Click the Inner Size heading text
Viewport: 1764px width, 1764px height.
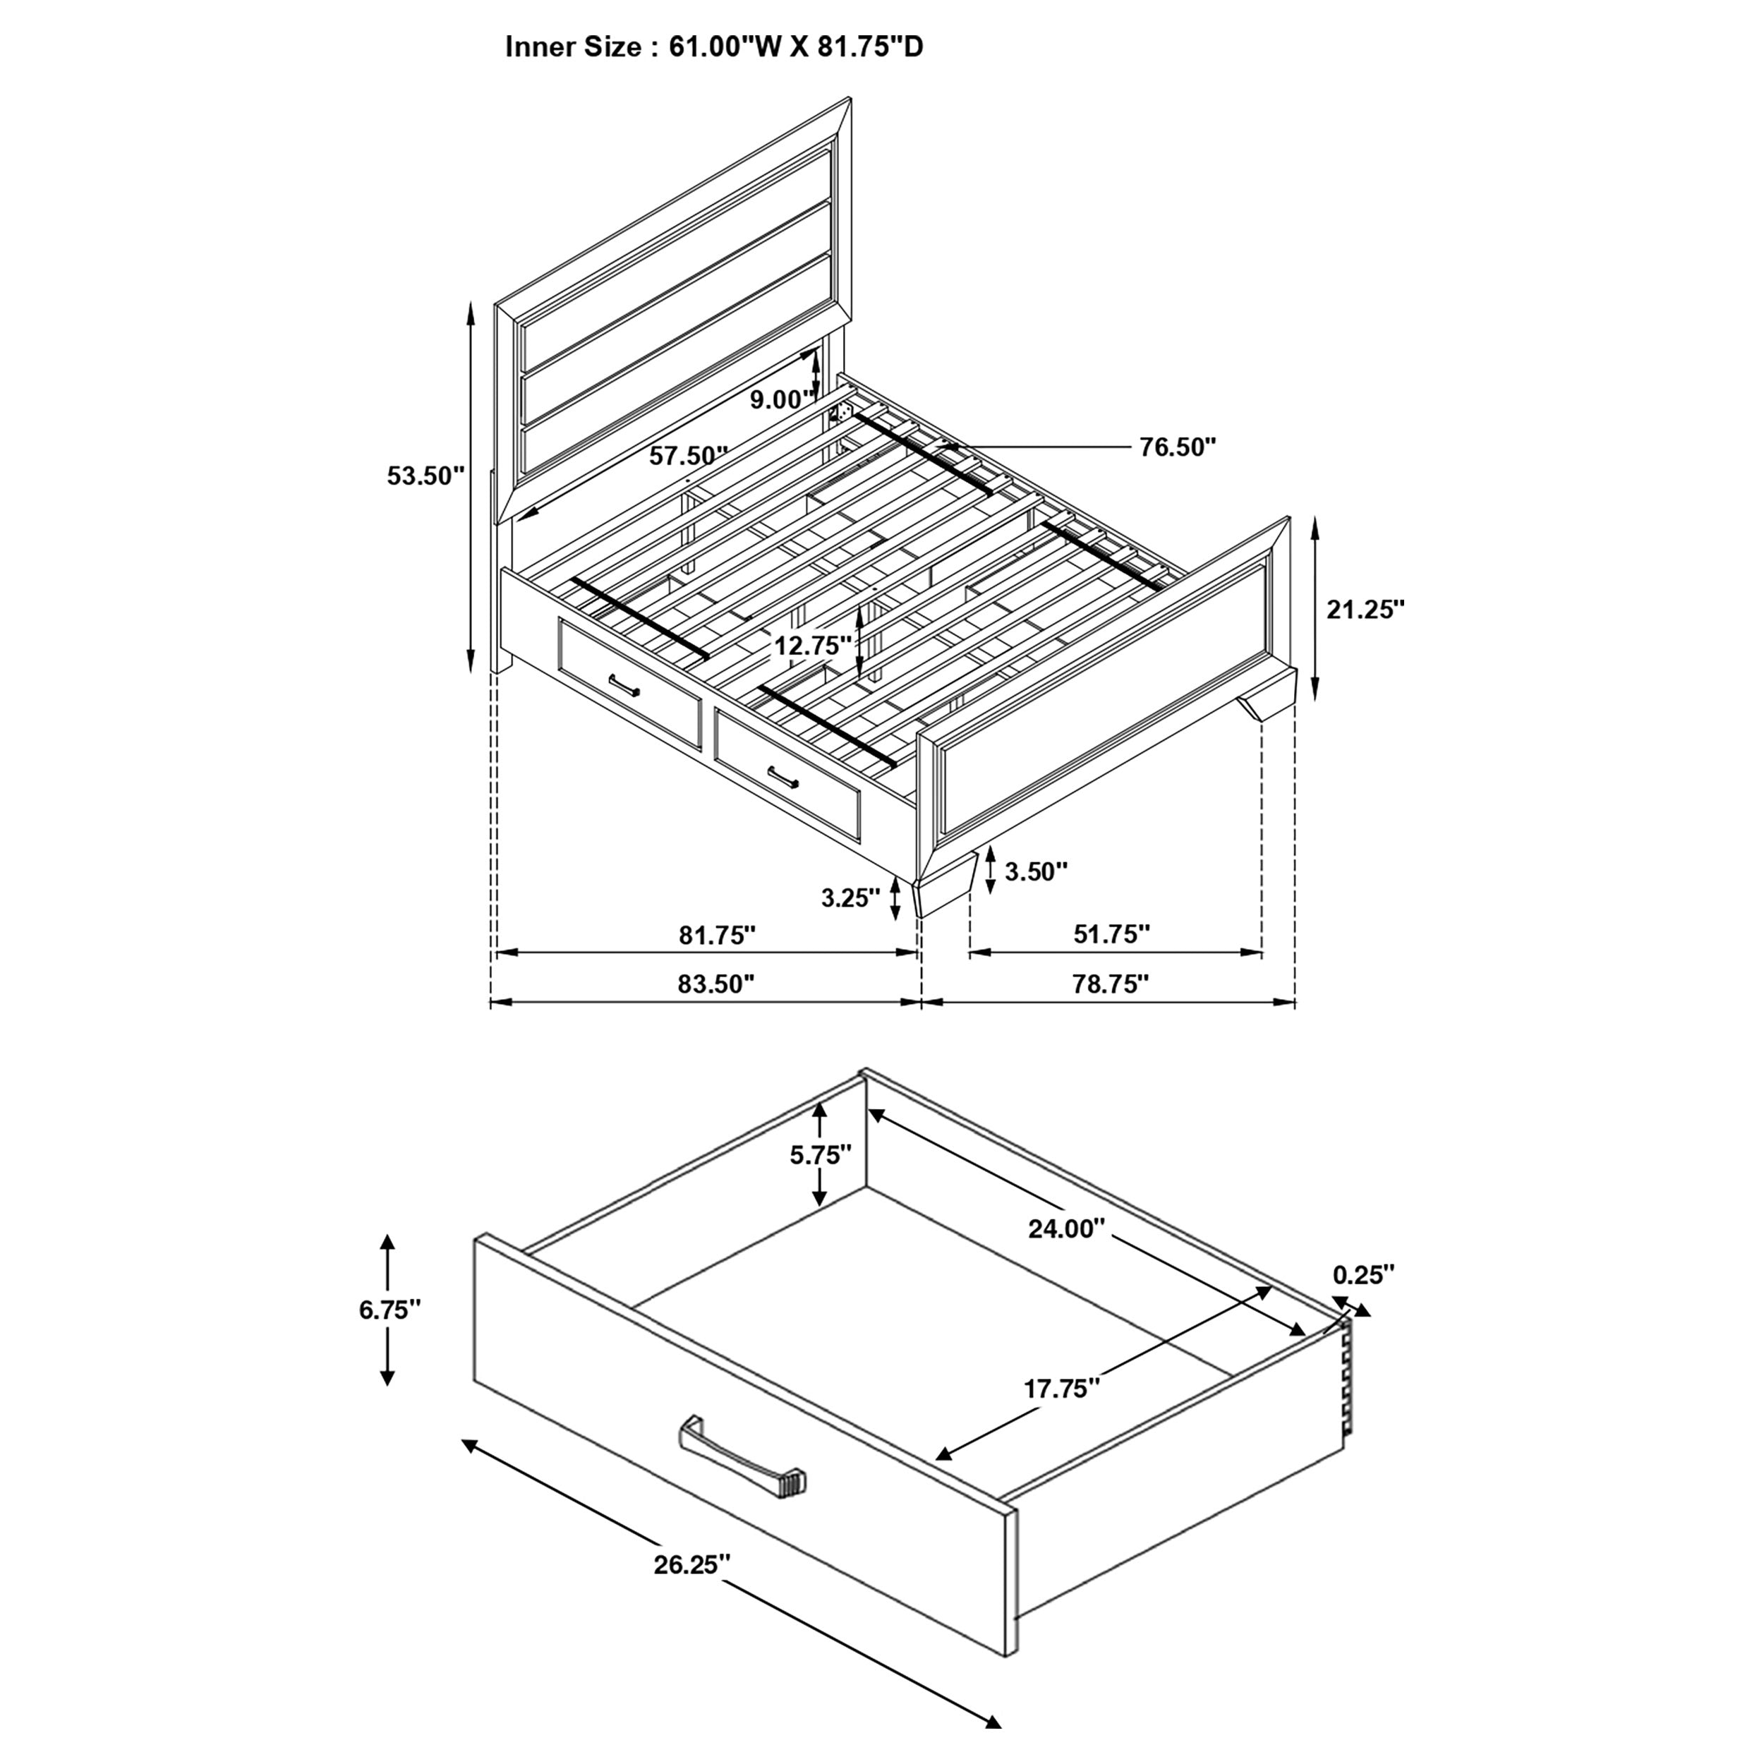click(714, 47)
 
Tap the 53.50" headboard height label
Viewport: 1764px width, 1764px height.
click(425, 476)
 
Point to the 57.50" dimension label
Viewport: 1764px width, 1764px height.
click(689, 456)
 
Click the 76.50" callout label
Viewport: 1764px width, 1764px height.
click(1178, 447)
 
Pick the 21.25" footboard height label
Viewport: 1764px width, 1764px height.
click(1365, 610)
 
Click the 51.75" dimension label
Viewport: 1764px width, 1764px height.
click(1111, 934)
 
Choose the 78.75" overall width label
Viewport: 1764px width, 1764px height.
click(1109, 984)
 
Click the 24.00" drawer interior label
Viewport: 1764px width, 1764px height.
click(1066, 1229)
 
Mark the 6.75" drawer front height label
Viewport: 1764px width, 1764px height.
click(390, 1310)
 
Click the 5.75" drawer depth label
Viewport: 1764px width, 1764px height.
click(820, 1155)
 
